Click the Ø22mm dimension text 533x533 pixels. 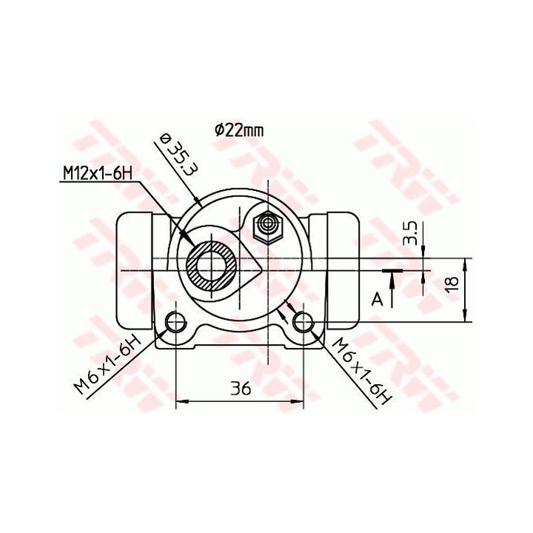pyautogui.click(x=239, y=130)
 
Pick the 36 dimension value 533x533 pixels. pyautogui.click(x=241, y=388)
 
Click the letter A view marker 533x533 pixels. pyautogui.click(x=378, y=300)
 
